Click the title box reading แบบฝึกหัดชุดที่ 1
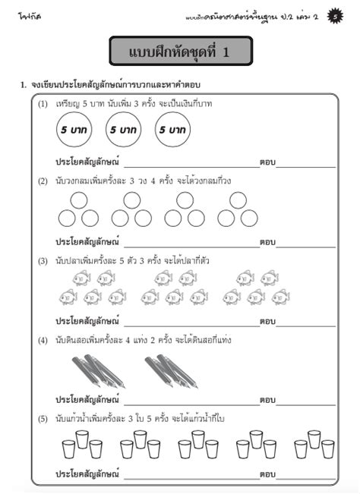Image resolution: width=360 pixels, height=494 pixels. [x=180, y=52]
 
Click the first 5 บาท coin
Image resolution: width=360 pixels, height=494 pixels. [x=74, y=130]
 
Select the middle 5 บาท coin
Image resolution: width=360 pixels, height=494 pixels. [x=123, y=130]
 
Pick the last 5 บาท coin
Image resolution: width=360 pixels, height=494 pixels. [x=172, y=130]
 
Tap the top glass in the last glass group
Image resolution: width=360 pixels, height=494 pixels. [x=314, y=439]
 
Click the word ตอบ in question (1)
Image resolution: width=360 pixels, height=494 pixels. [x=267, y=162]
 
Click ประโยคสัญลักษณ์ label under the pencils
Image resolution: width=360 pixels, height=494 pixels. [x=88, y=400]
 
